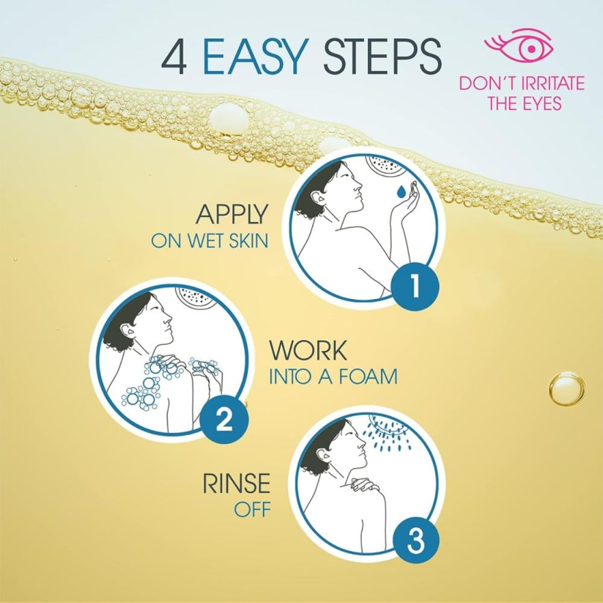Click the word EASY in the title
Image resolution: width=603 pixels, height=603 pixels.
[x=254, y=56]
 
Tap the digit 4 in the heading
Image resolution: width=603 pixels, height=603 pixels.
[x=174, y=57]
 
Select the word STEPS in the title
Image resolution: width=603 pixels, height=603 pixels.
[x=382, y=56]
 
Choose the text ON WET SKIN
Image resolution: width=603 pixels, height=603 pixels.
[x=210, y=241]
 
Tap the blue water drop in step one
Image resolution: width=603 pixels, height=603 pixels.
[x=401, y=192]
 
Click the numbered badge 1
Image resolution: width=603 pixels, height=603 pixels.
[x=415, y=286]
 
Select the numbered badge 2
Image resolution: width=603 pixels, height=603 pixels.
[x=224, y=420]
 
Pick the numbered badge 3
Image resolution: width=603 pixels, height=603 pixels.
[x=415, y=541]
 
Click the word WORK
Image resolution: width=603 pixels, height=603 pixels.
[x=308, y=350]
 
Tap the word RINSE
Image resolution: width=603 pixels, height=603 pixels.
[x=236, y=484]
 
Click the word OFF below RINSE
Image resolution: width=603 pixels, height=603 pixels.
[x=252, y=510]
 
